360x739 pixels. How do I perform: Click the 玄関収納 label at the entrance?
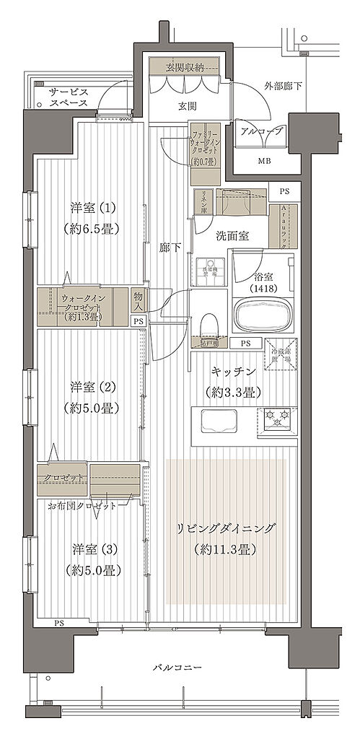pyautogui.click(x=185, y=67)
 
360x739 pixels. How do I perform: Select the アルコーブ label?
pyautogui.click(x=260, y=133)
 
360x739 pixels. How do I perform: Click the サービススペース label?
pyautogui.click(x=69, y=97)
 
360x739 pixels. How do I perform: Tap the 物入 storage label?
pyautogui.click(x=138, y=300)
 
